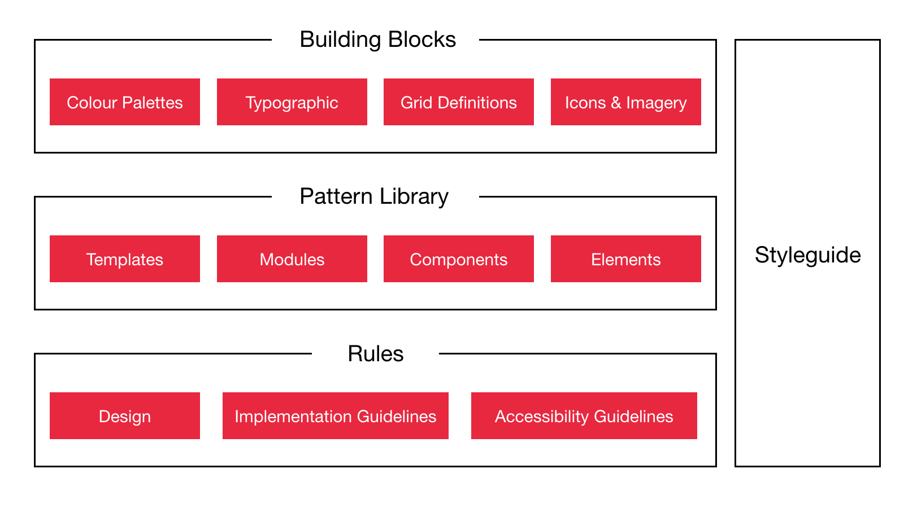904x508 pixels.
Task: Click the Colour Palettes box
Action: tap(124, 102)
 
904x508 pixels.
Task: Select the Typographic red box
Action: tap(292, 102)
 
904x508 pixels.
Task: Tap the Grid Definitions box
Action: tap(458, 102)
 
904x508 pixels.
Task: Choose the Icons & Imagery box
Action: tap(625, 102)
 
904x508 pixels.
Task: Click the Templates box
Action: tap(124, 259)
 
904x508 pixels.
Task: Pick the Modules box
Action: tap(292, 259)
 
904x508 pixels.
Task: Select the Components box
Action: tap(458, 259)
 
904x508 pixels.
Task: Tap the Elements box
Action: tap(625, 259)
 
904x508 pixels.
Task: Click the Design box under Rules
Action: tap(124, 416)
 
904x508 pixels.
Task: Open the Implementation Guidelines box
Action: tap(335, 416)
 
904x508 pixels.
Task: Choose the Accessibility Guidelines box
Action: tap(584, 416)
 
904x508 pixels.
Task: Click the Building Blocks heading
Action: tap(377, 40)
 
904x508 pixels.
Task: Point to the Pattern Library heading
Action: tap(374, 196)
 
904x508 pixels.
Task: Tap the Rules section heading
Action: tap(375, 354)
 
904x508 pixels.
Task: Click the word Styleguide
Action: tap(807, 255)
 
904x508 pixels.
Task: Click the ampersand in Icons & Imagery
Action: tap(616, 103)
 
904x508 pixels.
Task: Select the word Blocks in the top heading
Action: tap(422, 40)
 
